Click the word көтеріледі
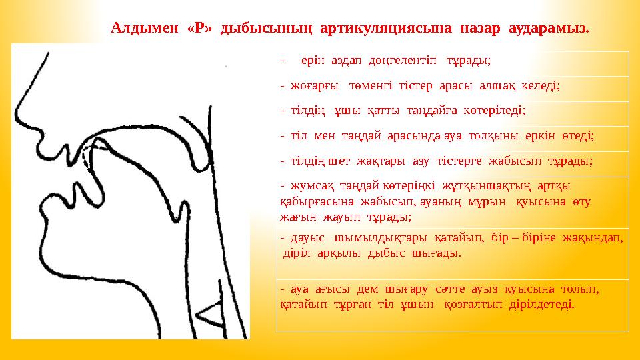coord(493,111)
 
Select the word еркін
coord(553,136)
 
